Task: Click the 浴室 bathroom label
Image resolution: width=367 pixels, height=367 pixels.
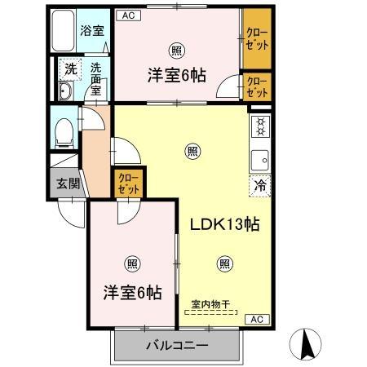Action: click(91, 32)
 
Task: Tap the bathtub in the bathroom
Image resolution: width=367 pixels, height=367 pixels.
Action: click(64, 33)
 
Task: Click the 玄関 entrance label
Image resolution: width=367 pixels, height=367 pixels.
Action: click(68, 183)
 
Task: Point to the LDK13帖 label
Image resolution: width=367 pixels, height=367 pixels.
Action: click(225, 224)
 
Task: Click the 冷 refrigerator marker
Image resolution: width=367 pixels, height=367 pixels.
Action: click(260, 184)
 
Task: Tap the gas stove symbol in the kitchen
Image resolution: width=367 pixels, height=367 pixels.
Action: click(260, 127)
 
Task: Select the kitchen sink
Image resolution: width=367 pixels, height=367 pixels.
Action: click(260, 157)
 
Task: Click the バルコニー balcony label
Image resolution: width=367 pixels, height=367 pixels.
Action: click(177, 345)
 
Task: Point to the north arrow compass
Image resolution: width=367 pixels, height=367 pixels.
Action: click(307, 343)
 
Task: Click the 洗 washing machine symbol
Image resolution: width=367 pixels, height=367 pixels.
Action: click(70, 69)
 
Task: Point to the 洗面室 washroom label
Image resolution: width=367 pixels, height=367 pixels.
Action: click(96, 78)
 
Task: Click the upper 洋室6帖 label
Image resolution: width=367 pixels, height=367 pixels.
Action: click(175, 74)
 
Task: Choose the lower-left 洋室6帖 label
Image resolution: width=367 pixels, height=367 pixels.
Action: click(131, 291)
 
